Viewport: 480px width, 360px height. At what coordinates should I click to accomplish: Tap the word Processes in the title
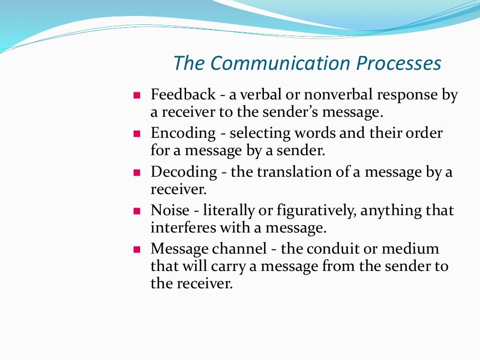click(398, 64)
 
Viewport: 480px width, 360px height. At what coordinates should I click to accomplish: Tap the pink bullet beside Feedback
click(137, 96)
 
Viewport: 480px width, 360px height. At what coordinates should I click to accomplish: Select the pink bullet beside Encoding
click(137, 134)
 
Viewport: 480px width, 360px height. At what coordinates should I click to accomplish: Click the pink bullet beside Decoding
click(137, 172)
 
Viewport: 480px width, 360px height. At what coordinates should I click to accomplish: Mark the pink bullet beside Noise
click(137, 211)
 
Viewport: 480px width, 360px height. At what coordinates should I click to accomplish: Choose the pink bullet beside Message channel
click(137, 249)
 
